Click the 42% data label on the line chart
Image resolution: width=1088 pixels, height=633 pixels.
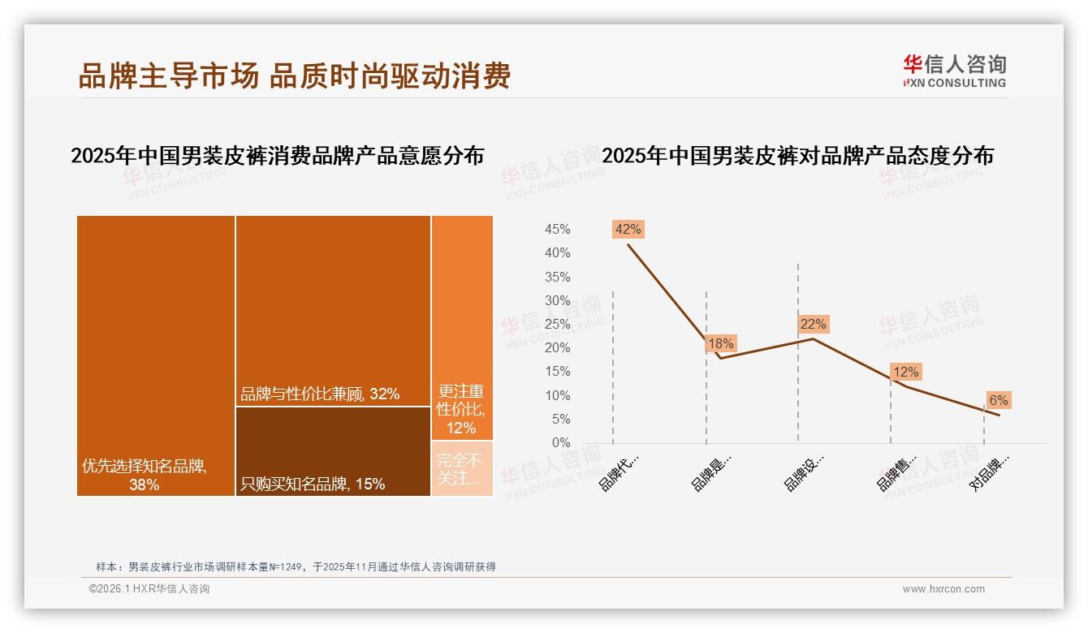pos(628,229)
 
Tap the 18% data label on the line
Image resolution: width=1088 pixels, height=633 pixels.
pos(720,343)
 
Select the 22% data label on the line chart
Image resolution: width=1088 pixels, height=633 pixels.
pos(813,324)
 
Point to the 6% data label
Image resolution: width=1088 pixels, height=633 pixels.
pos(998,400)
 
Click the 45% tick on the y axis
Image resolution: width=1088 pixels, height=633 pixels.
pos(557,230)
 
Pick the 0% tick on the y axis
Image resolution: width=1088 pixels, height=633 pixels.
pos(561,443)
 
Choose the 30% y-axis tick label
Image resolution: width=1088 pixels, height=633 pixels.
pos(557,301)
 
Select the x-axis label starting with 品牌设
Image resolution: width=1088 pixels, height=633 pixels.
pos(804,472)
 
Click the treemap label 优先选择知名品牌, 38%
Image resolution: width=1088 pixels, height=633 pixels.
pos(145,476)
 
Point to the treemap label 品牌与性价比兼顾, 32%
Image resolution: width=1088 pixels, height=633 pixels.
pos(320,394)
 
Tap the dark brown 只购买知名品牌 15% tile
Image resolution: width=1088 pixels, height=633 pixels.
pos(333,451)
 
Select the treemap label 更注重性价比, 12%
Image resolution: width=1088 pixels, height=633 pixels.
pos(461,409)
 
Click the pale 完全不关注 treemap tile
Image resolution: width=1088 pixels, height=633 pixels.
pos(461,469)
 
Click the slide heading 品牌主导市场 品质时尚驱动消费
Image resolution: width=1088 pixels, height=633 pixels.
pos(295,75)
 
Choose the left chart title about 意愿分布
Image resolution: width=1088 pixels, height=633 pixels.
pos(277,156)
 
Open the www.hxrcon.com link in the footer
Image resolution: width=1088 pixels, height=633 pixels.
pos(943,589)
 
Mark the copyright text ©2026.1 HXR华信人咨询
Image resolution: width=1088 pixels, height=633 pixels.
pos(149,589)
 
